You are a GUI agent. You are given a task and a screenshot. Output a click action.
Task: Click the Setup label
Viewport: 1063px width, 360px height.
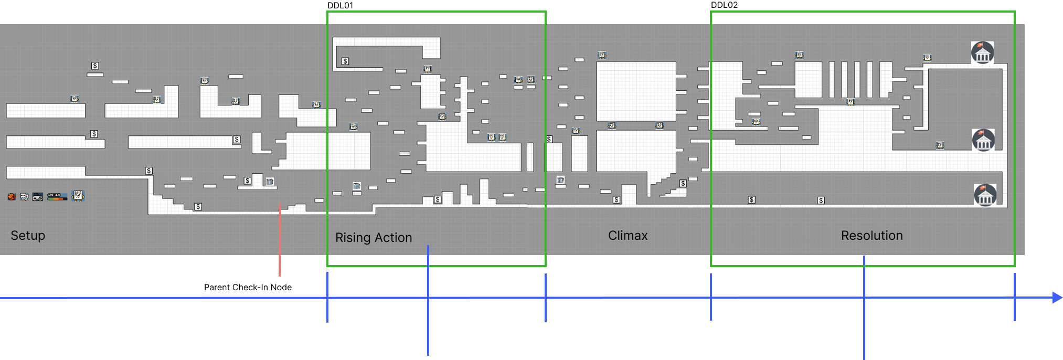click(28, 236)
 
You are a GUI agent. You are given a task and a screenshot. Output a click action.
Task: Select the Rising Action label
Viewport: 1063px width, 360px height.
click(374, 238)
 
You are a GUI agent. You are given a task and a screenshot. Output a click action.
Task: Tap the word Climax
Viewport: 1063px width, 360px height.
click(628, 236)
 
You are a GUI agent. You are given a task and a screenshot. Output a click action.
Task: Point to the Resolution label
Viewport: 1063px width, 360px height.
click(871, 236)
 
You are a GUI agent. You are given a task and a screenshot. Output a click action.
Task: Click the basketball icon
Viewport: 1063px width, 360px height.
click(12, 197)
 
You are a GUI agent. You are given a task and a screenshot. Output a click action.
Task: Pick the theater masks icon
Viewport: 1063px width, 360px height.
click(24, 197)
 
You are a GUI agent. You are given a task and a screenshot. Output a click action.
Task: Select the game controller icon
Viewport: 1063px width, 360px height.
click(38, 197)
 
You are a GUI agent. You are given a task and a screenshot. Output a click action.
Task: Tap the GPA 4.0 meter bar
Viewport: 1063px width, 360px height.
click(57, 197)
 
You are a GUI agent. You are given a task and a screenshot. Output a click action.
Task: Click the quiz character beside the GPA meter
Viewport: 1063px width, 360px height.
click(78, 196)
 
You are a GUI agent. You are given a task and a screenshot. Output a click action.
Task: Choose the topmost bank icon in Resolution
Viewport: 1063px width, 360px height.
click(982, 53)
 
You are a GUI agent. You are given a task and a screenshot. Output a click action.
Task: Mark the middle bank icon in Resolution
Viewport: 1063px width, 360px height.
click(983, 140)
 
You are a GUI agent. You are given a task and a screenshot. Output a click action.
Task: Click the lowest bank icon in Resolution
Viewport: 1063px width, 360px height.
click(985, 195)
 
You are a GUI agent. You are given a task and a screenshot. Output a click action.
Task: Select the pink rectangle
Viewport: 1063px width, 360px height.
click(303, 270)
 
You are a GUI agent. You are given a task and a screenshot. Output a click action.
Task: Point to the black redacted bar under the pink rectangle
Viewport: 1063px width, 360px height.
click(265, 290)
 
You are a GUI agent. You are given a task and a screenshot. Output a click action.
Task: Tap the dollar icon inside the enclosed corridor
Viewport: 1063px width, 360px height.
click(345, 61)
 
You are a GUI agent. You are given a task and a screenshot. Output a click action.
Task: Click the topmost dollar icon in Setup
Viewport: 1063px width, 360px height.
click(95, 66)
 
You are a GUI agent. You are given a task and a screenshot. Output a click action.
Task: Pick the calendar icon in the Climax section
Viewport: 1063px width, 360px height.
click(560, 180)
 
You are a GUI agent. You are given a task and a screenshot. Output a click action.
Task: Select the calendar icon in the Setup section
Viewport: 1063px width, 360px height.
click(270, 182)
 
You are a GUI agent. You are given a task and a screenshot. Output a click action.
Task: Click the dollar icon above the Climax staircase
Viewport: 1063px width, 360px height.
click(683, 183)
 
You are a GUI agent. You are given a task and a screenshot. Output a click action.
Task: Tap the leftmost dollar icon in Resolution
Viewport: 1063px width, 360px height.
click(751, 200)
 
